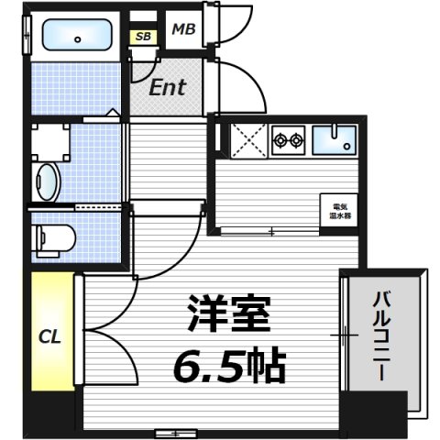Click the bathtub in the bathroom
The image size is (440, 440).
click(76, 38)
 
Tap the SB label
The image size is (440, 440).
click(144, 37)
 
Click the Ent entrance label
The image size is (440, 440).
click(169, 87)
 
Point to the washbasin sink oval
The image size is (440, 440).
click(48, 180)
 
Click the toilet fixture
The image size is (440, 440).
click(52, 239)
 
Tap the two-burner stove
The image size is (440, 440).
click(289, 140)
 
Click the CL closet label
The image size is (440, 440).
click(49, 336)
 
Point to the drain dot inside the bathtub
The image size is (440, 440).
click(77, 38)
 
